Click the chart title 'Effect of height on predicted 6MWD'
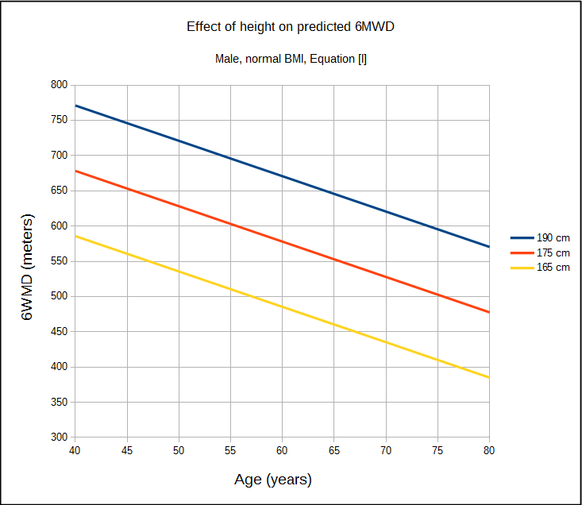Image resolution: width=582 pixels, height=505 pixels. point(291,27)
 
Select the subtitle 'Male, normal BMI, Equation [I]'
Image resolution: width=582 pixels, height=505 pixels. point(291,59)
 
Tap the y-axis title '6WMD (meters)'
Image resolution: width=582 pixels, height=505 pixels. point(27,267)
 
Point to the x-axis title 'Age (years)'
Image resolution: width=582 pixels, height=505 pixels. point(273,480)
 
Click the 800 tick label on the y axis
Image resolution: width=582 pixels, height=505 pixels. point(59,85)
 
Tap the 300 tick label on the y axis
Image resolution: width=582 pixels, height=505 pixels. point(59,438)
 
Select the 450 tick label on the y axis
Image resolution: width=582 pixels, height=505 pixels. point(59,332)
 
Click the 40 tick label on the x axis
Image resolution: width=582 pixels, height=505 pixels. point(75,450)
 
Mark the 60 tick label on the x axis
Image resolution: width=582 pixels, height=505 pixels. point(282,450)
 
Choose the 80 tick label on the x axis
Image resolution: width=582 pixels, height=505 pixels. point(489,450)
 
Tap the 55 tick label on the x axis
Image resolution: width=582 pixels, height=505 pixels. point(230,450)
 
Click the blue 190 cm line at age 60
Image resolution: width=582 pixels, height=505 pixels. point(282,175)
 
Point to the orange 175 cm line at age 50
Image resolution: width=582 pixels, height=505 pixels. point(179,206)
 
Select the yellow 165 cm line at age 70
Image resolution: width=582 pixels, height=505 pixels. point(386,342)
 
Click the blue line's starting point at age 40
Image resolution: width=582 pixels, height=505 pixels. point(75,106)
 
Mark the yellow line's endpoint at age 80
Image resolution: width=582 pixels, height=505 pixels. point(489,377)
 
